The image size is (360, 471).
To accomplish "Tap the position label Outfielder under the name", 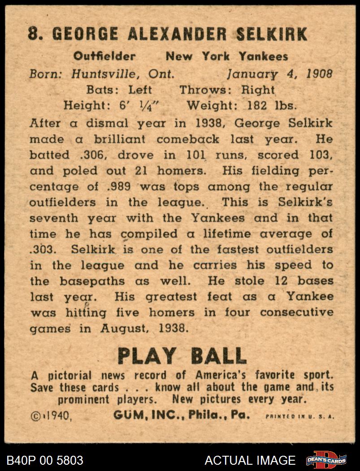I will tap(104, 57).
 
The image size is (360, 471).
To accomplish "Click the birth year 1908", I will tap(319, 74).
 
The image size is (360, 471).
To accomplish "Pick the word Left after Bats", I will tap(140, 90).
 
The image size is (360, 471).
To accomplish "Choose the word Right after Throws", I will tap(258, 90).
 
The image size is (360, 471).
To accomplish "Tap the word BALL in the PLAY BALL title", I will tap(219, 356).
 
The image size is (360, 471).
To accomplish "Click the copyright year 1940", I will tap(58, 415).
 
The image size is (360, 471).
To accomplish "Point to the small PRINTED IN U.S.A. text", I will tap(300, 416).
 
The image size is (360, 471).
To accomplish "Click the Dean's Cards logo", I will tap(326, 460).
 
